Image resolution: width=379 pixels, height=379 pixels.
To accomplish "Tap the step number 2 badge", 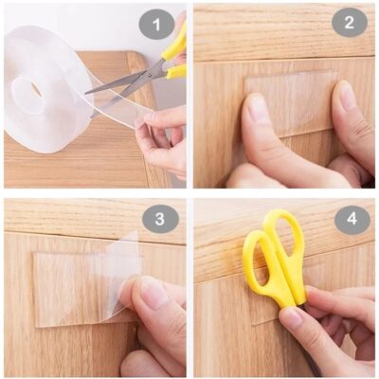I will point(349,23).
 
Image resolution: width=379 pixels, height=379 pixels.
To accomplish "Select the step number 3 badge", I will point(160,219).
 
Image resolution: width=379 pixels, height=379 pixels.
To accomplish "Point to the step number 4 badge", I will point(352,220).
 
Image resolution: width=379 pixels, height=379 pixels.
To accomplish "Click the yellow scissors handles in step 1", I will point(173,52).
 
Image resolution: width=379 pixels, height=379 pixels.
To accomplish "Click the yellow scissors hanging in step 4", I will point(273,256).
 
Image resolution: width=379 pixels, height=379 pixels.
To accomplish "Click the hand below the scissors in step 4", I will point(327,332).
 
